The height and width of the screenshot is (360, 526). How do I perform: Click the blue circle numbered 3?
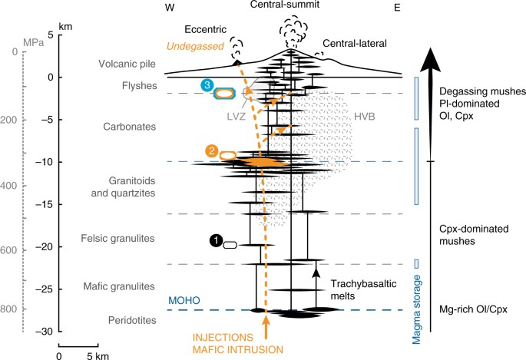point(206,85)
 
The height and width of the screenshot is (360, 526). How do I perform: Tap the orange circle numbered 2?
point(210,150)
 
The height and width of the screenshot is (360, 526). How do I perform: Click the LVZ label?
point(237,120)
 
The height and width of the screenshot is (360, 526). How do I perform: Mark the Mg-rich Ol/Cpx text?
point(475,309)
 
